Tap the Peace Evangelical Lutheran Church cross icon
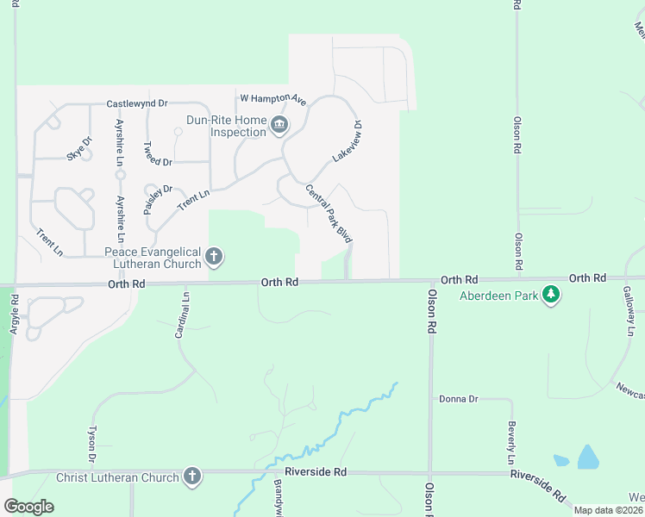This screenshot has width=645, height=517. click(x=214, y=257)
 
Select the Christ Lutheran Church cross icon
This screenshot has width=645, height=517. click(x=191, y=477)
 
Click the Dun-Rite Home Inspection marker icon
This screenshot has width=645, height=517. click(x=279, y=127)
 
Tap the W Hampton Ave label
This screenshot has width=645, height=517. click(x=272, y=99)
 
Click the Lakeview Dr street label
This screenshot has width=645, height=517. click(x=346, y=142)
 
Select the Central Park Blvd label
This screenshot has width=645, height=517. click(x=329, y=213)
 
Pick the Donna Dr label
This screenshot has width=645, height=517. click(x=458, y=399)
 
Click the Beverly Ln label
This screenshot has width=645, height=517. click(x=511, y=439)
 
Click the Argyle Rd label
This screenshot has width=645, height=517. click(x=15, y=315)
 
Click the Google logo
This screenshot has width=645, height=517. click(x=28, y=507)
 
